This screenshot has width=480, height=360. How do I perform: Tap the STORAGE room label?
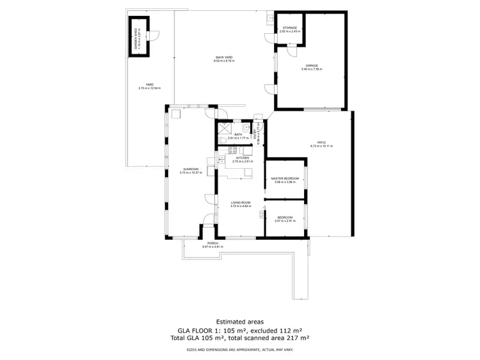click(290, 27)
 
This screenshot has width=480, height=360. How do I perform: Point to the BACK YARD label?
click(223, 58)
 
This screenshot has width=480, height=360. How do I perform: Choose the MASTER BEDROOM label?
click(285, 178)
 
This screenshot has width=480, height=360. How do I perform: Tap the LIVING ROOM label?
click(241, 203)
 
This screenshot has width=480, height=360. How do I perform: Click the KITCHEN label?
click(242, 157)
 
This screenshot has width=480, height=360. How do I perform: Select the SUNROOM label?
click(191, 169)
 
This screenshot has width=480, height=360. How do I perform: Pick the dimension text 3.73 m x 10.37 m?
click(191, 173)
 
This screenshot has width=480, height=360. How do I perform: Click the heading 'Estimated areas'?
click(239, 321)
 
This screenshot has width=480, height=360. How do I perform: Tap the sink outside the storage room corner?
click(269, 19)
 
